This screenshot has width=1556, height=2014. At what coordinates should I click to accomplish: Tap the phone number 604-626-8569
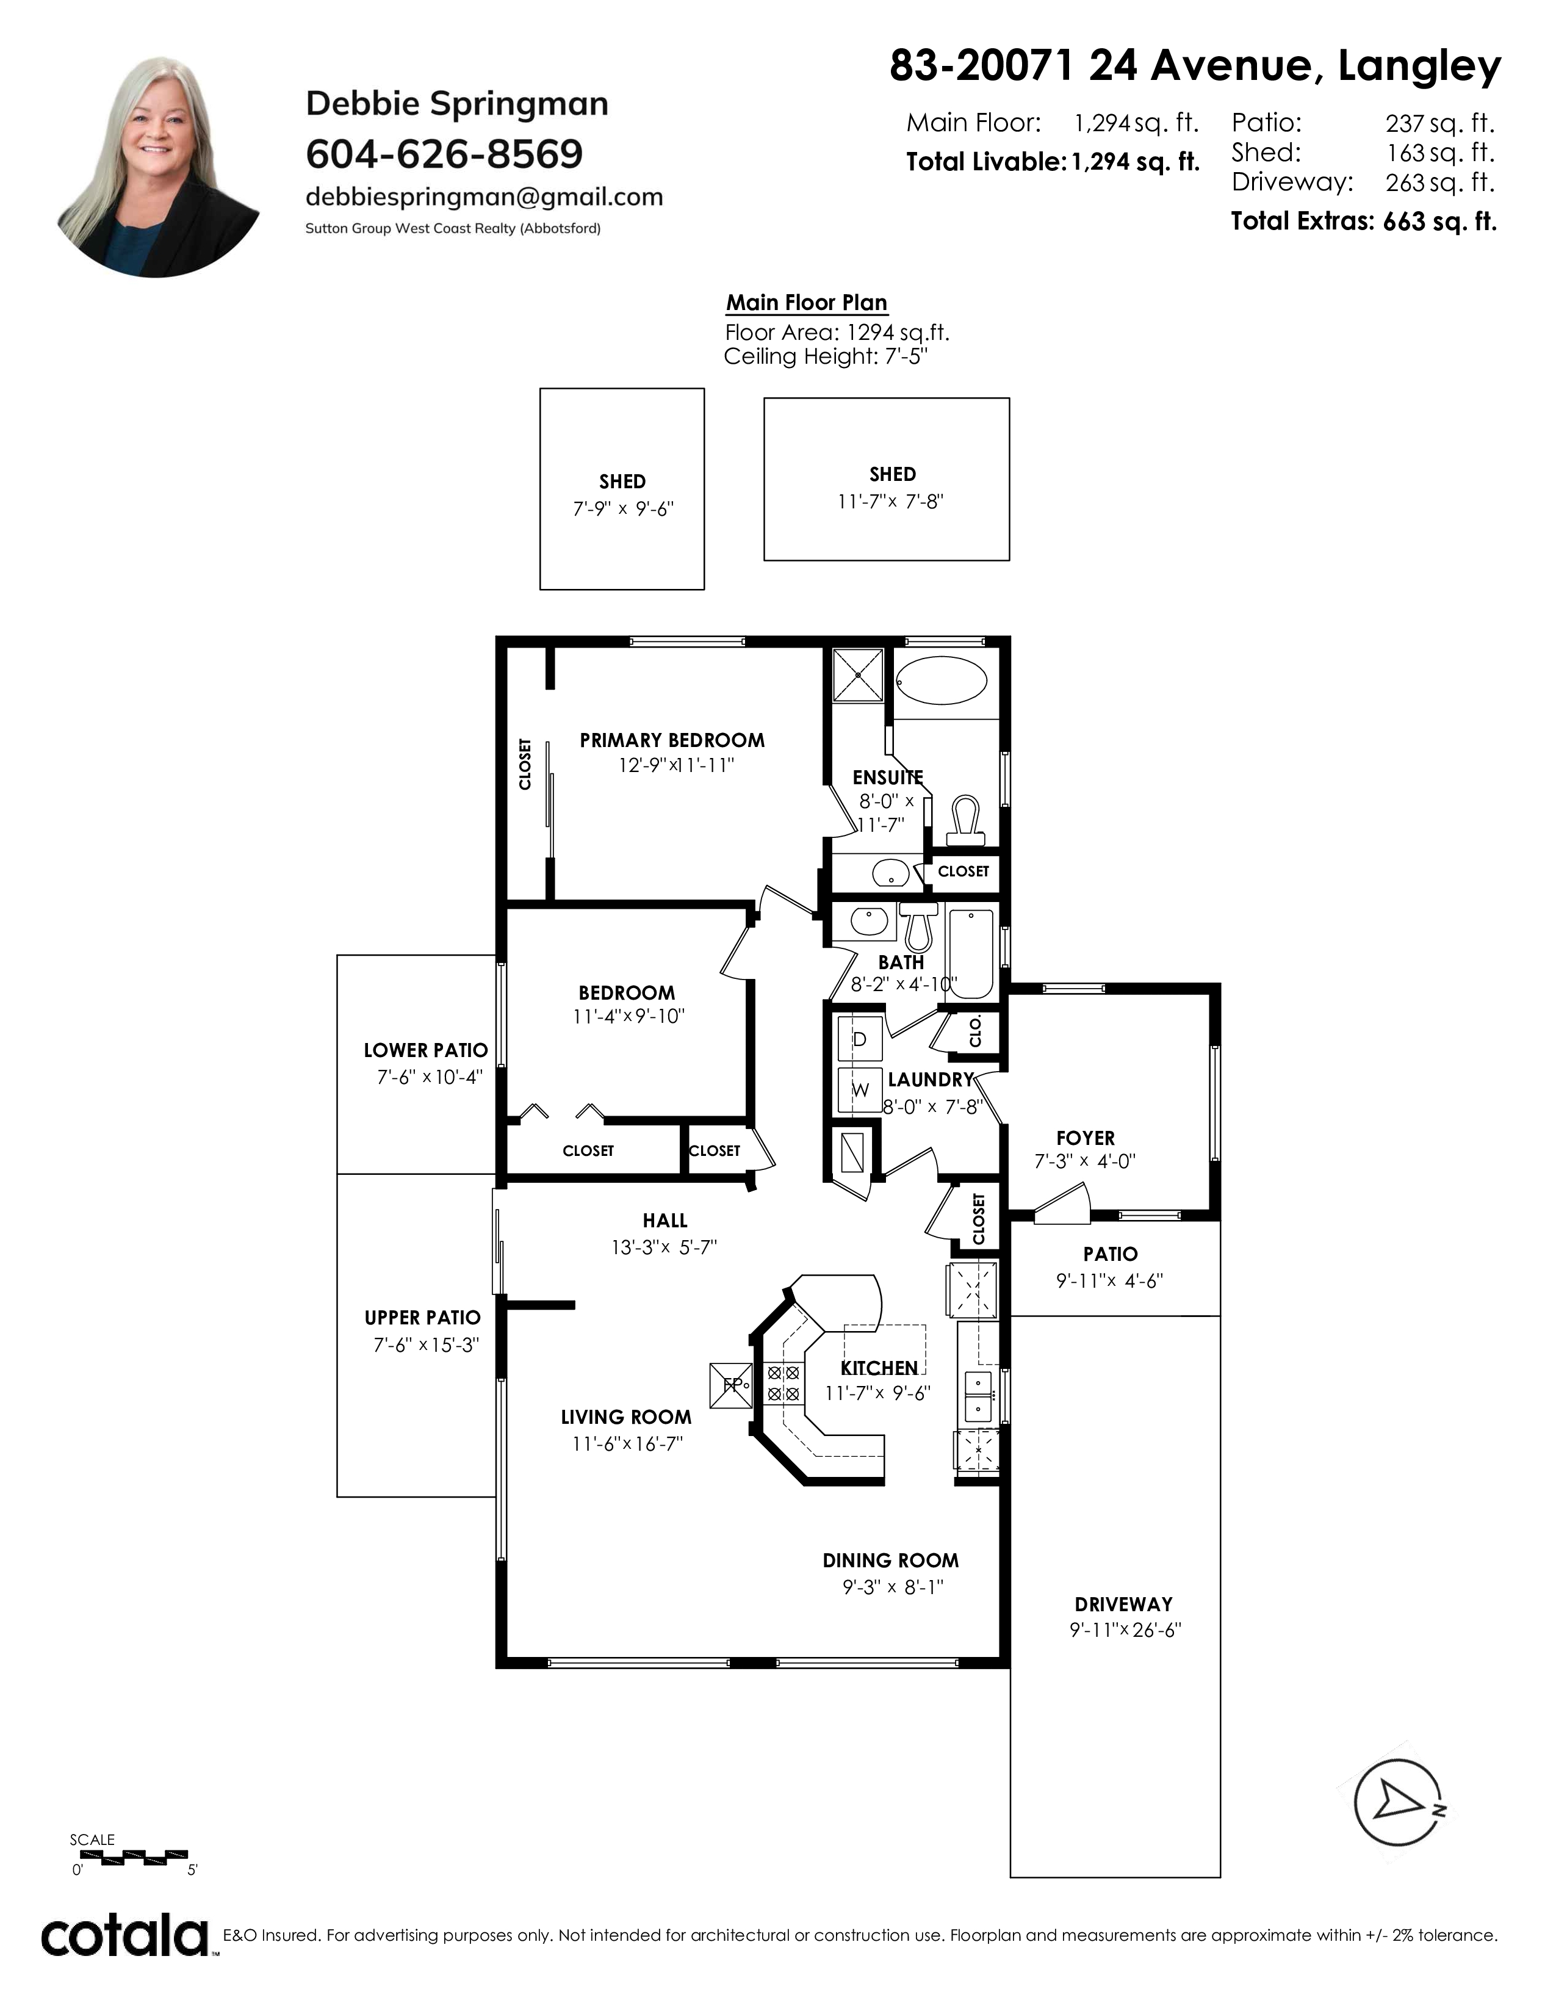tap(444, 154)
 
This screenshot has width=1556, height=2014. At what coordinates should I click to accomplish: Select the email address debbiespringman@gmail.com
tap(484, 197)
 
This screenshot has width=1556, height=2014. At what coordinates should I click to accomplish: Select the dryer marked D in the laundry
tap(860, 1039)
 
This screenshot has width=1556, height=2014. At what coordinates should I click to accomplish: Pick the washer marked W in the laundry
tap(860, 1090)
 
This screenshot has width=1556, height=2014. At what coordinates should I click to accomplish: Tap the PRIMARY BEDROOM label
tap(672, 740)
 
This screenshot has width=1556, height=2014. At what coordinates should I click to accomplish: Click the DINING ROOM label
tap(890, 1561)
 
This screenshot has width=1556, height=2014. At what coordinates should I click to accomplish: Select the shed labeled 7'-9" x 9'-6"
tap(622, 489)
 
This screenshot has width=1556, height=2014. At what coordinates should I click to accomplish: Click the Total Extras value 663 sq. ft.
tap(1440, 222)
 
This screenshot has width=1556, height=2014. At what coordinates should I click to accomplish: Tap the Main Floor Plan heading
tap(807, 303)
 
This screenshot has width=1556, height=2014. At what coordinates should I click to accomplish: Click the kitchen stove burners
tap(783, 1383)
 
